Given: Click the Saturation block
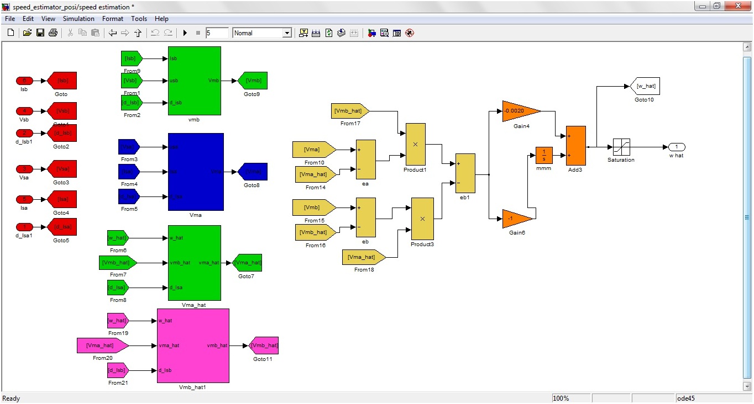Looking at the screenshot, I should [x=621, y=147].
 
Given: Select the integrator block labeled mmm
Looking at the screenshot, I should [x=544, y=155].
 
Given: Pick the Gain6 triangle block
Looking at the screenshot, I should [x=515, y=219].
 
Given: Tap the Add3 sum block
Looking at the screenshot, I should [x=575, y=145].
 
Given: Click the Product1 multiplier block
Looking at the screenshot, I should [x=415, y=143].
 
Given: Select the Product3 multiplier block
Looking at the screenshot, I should [x=422, y=219].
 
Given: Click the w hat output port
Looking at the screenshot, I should [x=676, y=147].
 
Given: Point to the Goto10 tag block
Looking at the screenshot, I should [x=645, y=86].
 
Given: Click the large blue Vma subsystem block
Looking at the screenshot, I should [x=196, y=172].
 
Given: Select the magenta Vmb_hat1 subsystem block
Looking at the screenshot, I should [x=193, y=345].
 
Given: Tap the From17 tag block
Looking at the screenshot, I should [x=349, y=111].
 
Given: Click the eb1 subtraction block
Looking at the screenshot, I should [x=465, y=173].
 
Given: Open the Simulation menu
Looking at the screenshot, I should [x=78, y=19].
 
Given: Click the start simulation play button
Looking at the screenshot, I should [x=185, y=33].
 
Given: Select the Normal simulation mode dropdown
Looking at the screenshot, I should [x=262, y=33].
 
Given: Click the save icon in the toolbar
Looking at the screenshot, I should [x=40, y=33].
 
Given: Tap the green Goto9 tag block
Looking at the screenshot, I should [x=253, y=81].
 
